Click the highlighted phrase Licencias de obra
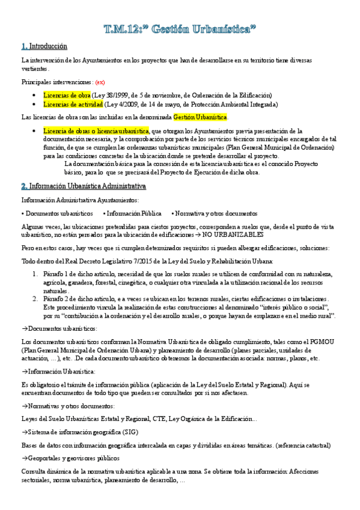click(66, 95)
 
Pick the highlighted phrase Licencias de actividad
click(71, 104)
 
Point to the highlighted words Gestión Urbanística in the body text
click(200, 117)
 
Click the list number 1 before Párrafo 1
click(35, 274)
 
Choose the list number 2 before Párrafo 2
click(35, 299)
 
